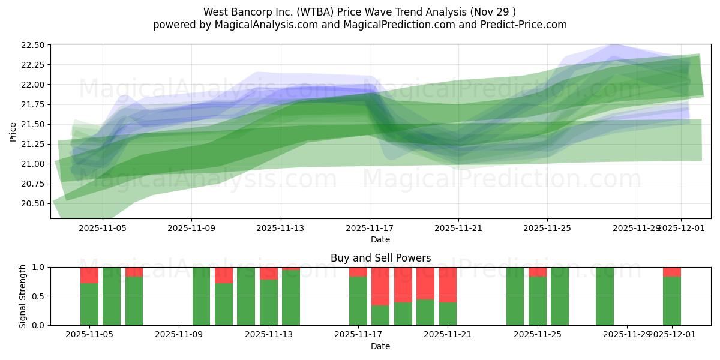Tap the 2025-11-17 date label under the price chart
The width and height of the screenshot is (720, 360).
coord(370,228)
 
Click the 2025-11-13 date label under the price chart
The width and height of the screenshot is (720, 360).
coord(281,228)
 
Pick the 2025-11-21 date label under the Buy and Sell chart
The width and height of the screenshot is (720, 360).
coord(448,335)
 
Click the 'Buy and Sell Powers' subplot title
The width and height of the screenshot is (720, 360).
coord(380,258)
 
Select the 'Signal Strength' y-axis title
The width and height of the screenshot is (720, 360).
coord(22,296)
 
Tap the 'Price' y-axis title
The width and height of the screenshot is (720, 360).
coord(13,131)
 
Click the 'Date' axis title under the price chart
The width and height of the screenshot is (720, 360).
coord(380,239)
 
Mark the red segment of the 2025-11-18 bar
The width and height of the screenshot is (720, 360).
coord(380,286)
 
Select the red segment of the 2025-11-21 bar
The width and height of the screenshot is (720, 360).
coord(448,284)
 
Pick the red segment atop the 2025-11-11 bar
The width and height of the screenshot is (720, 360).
coord(224,275)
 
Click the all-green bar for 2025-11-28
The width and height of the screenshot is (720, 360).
coord(605,296)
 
